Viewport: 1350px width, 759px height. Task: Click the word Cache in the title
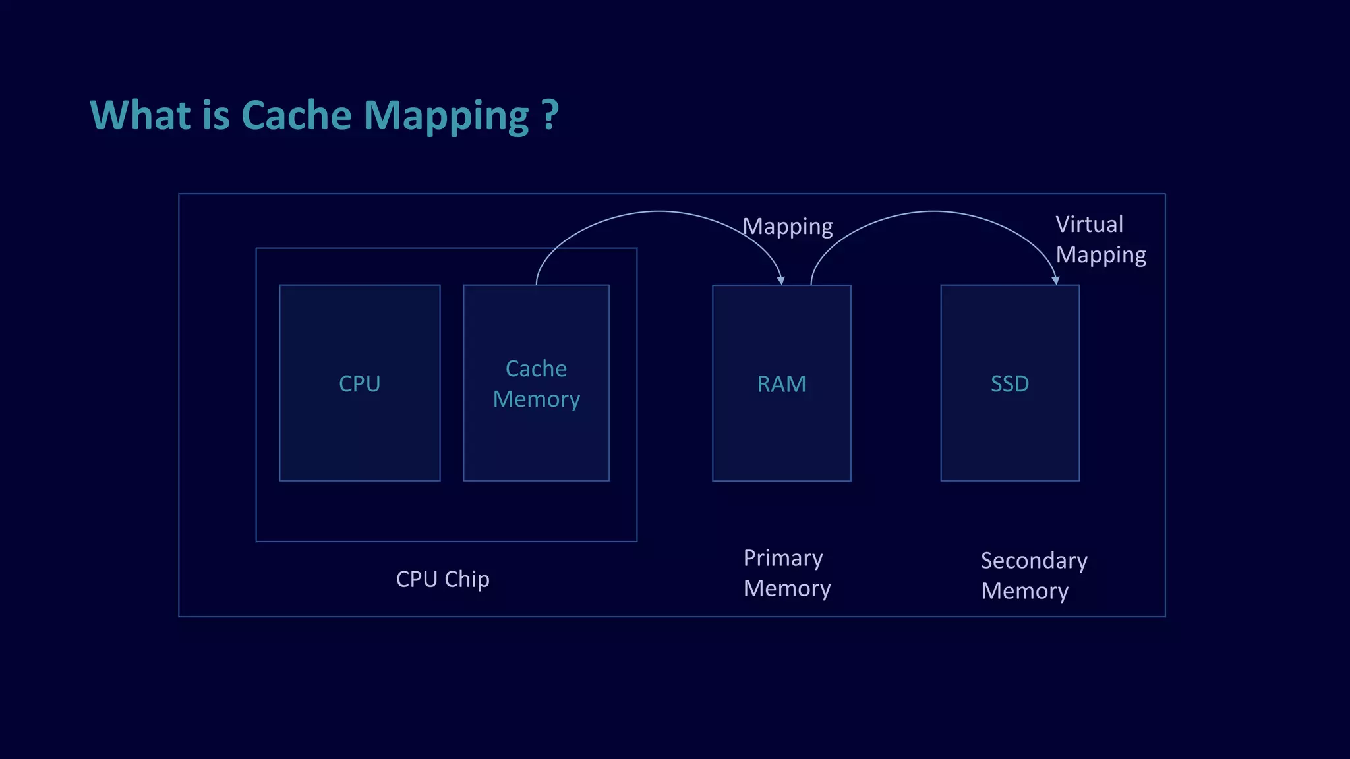point(297,115)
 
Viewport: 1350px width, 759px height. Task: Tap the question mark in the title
point(550,115)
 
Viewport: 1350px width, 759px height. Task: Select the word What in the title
point(140,115)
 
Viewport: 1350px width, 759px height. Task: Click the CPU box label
point(359,383)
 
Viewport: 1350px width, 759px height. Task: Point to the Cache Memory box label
point(536,383)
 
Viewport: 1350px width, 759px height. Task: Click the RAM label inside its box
point(781,383)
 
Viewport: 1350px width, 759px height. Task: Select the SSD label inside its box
point(1009,383)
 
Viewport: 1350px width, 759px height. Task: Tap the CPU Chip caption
point(442,579)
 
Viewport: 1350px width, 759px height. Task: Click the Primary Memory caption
point(786,573)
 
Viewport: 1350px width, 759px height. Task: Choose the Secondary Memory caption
point(1034,576)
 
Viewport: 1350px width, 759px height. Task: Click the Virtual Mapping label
point(1100,240)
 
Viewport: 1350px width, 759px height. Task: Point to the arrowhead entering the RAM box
point(781,281)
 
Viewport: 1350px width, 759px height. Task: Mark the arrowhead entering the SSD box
point(1055,281)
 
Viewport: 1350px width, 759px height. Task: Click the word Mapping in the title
point(446,117)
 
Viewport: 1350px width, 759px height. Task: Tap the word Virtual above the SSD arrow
point(1089,225)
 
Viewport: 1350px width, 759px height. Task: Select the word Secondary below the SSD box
point(1034,561)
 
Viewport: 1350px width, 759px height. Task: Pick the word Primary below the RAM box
point(783,559)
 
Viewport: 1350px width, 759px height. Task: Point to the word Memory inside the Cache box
point(536,399)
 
